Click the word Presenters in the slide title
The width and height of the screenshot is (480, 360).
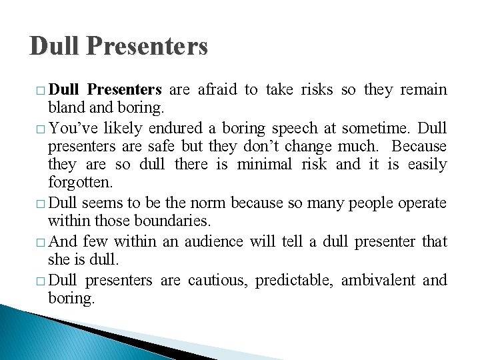pyautogui.click(x=147, y=46)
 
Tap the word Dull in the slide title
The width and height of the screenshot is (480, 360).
pyautogui.click(x=55, y=46)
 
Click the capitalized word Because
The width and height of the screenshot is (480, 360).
pyautogui.click(x=419, y=145)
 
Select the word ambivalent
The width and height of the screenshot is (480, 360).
pyautogui.click(x=378, y=280)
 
